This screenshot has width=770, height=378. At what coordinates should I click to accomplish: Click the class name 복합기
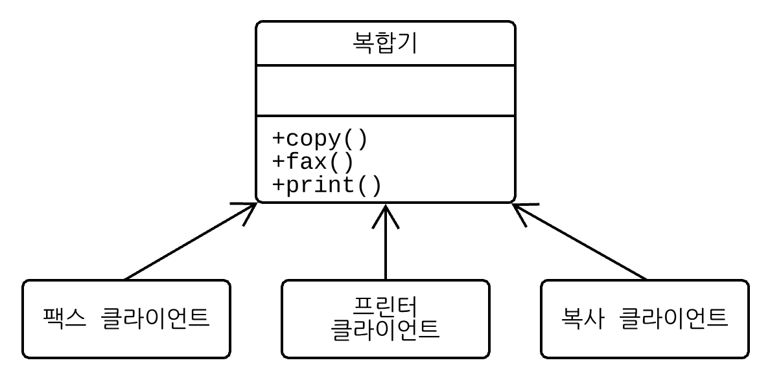(x=385, y=43)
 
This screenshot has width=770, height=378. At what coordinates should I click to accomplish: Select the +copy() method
(x=320, y=139)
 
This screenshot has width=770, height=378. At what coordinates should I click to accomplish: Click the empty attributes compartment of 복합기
(x=385, y=91)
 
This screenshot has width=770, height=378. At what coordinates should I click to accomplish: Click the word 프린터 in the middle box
(x=385, y=307)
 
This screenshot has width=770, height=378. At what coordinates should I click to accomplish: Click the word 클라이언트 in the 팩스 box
(x=156, y=318)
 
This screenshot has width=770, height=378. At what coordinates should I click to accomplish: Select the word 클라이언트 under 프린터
(x=385, y=330)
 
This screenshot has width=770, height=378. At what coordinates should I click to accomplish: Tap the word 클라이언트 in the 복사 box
(x=674, y=318)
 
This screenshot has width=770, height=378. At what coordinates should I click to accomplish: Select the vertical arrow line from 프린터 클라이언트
(x=385, y=249)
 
